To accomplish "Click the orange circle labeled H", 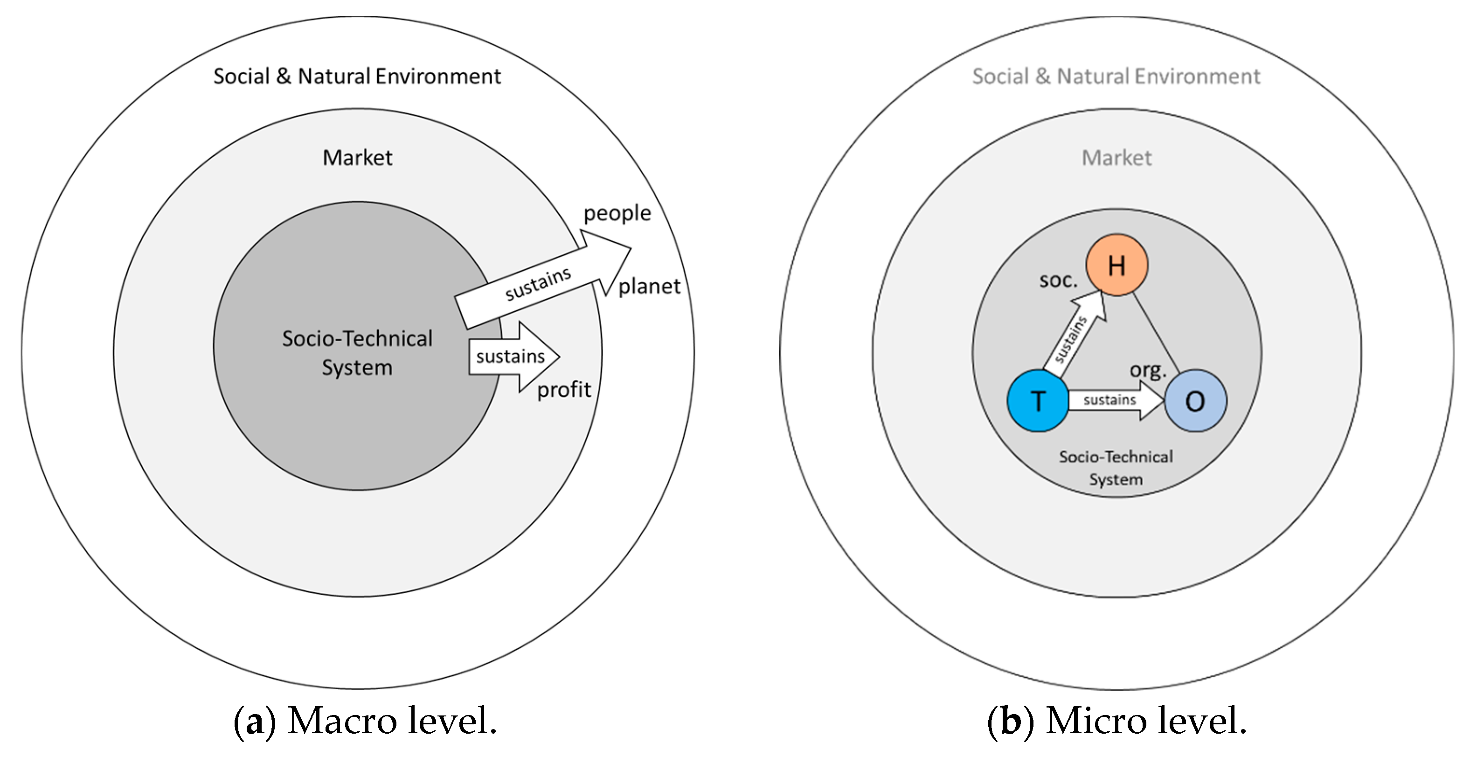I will (1116, 265).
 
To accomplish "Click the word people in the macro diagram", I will (617, 213).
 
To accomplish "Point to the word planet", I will (649, 286).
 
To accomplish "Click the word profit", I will (564, 389).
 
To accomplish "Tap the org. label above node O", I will (1148, 370).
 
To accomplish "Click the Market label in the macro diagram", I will (357, 158).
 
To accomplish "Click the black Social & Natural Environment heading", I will (357, 76).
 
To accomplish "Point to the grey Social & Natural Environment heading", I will (1116, 76).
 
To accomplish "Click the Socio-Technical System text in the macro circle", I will (357, 352).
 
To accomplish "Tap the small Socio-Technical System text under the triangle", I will (1116, 468).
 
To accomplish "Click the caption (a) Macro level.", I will (365, 721).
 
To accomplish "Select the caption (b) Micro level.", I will (1117, 721).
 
